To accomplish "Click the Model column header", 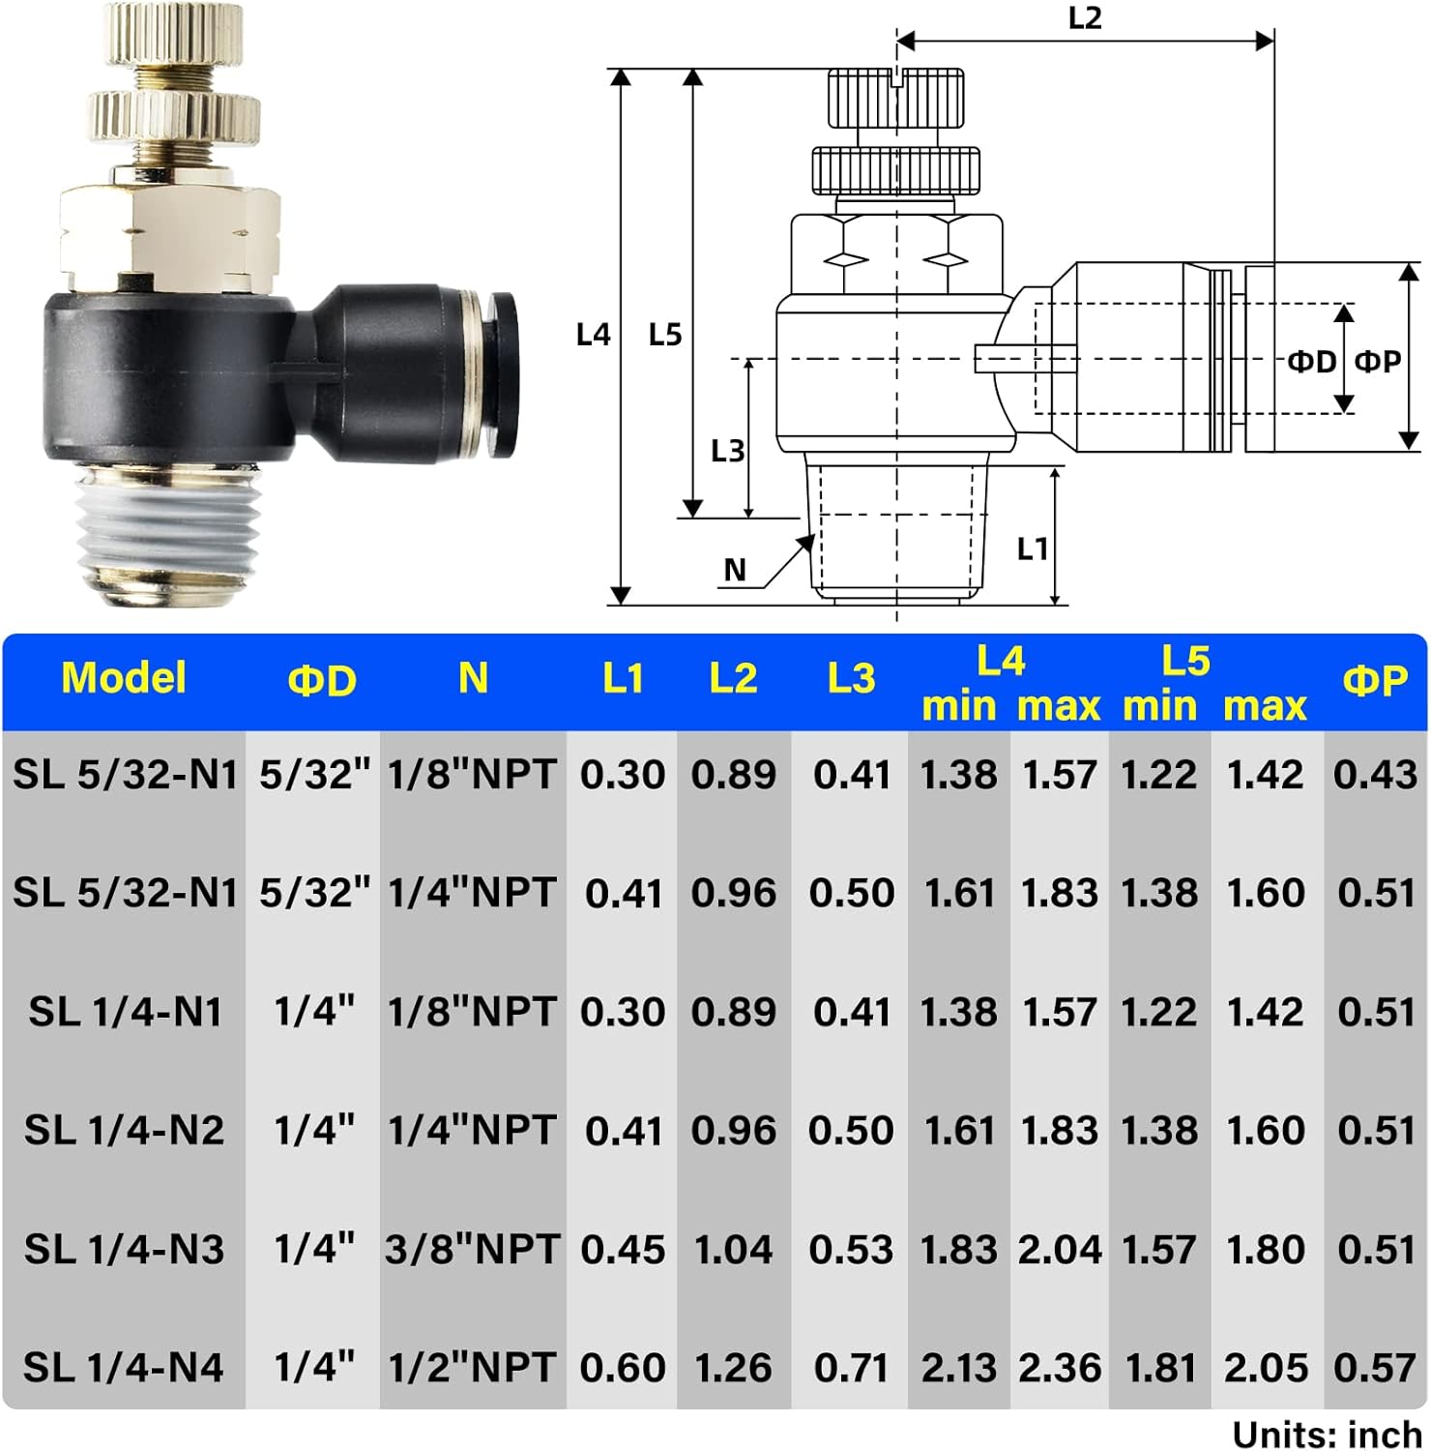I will pos(124,678).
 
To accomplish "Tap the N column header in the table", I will pos(473,678).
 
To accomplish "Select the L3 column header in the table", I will pos(851,678).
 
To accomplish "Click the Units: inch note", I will pos(1326,1434).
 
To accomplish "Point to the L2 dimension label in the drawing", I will pos(1085,18).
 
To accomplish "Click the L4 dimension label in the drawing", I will pos(593,335).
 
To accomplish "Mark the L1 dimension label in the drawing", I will pos(1032,549).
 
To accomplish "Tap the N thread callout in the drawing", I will pos(735,571).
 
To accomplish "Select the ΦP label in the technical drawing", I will pos(1378,362).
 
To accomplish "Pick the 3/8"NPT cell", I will pos(472,1249).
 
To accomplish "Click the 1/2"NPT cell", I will pos(472,1368).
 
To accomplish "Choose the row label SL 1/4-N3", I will pos(124,1249).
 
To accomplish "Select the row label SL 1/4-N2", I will pos(124,1130).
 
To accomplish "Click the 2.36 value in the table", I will pos(1059,1368).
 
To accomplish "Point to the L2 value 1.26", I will pos(733,1368).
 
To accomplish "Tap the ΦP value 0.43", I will pos(1375,774).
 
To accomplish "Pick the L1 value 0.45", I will pos(623,1249).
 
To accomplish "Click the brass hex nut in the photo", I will pos(169,237).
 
